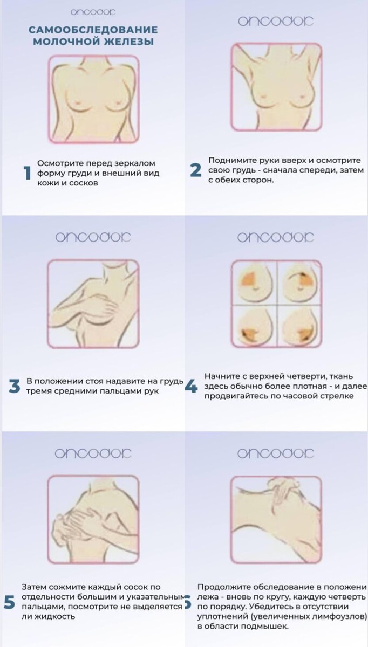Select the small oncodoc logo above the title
[92, 11]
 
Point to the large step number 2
[195, 170]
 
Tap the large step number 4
[191, 387]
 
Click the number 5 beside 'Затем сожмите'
[9, 603]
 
